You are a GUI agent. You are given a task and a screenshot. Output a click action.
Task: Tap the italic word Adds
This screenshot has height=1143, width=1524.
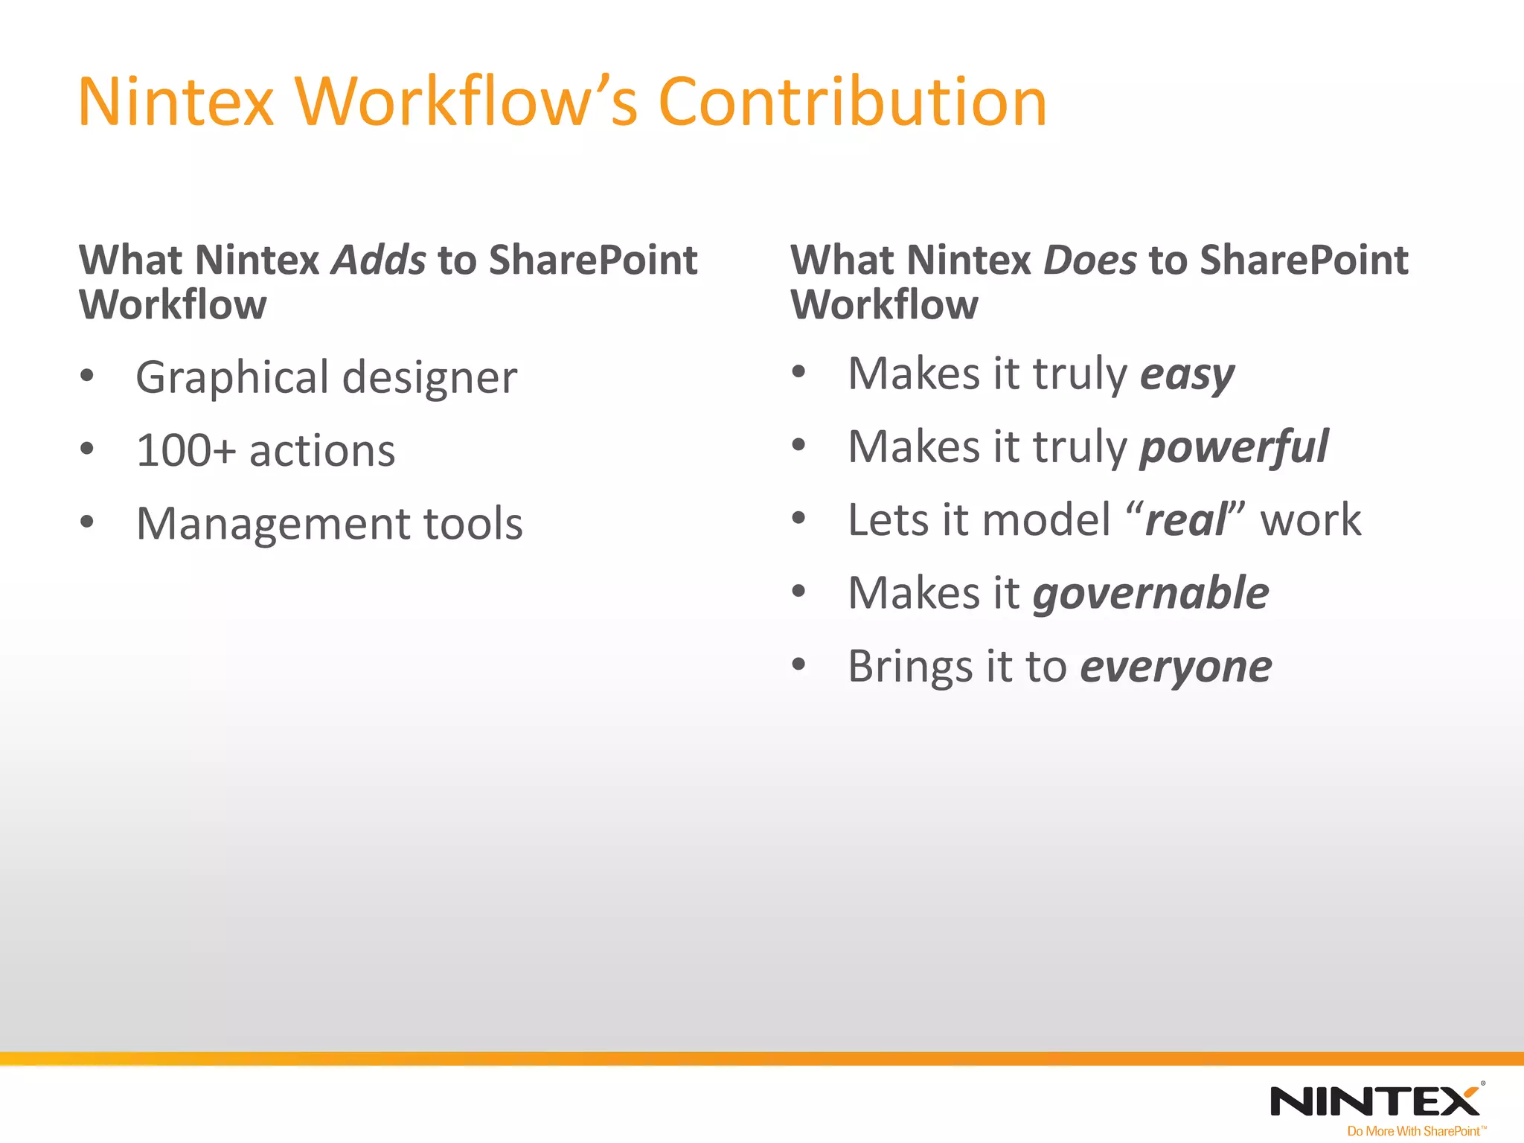click(x=379, y=260)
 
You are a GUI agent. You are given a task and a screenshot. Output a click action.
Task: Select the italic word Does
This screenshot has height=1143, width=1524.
click(x=1090, y=260)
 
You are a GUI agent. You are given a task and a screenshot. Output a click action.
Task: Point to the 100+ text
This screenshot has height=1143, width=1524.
click(x=186, y=450)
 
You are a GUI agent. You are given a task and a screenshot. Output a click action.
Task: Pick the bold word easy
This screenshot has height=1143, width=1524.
click(x=1187, y=374)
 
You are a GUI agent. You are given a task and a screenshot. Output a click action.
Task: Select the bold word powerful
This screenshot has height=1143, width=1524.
click(x=1234, y=447)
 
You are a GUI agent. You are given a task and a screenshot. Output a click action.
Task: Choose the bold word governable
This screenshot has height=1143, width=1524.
click(x=1150, y=593)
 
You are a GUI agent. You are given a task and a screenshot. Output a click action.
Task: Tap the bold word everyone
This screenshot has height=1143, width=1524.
click(x=1176, y=666)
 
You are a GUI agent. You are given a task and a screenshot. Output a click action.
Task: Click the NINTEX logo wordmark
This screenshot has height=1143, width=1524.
click(x=1375, y=1101)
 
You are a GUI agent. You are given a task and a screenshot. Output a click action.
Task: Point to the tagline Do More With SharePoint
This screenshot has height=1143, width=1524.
click(x=1413, y=1131)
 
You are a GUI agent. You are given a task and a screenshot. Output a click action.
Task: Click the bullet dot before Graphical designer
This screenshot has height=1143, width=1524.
click(x=87, y=376)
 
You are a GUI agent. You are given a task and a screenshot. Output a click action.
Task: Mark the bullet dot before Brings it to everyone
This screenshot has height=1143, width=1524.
click(x=798, y=665)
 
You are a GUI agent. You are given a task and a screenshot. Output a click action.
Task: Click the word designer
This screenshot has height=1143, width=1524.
click(x=429, y=377)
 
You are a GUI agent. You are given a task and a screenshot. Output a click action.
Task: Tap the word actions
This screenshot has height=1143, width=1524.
click(x=321, y=451)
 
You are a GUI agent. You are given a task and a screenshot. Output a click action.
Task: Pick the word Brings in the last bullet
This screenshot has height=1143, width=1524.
click(x=909, y=666)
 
